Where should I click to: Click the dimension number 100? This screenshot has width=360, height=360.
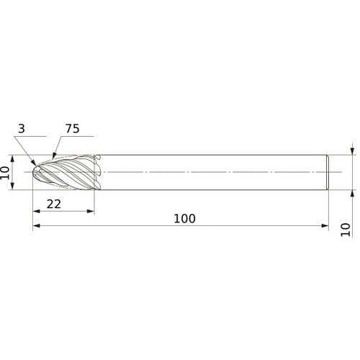pos(184,217)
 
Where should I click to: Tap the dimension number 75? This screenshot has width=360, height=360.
pos(73,130)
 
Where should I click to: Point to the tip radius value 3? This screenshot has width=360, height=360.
pos(22,130)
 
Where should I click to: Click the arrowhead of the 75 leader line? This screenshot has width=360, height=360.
pos(54,153)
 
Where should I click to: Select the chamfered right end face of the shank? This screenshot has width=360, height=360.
pos(328,173)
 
